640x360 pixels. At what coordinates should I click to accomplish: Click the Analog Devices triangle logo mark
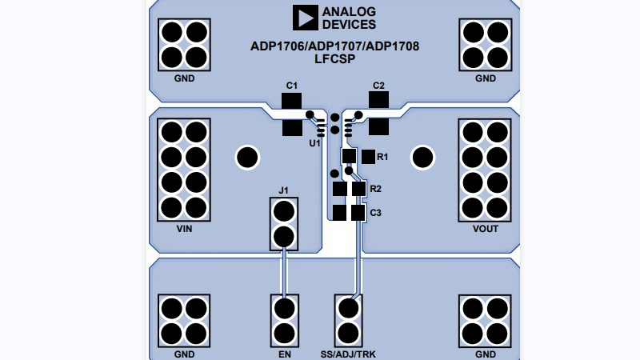(304, 18)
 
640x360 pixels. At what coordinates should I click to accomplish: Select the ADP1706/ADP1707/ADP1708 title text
(334, 46)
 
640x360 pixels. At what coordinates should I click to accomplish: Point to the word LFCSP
(334, 58)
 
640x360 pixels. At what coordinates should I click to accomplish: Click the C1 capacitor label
(292, 85)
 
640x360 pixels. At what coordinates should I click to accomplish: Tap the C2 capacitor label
(378, 85)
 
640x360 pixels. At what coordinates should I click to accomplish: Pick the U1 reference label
(315, 144)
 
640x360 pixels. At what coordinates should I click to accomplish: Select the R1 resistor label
(382, 157)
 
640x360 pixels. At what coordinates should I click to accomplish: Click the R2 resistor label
(376, 190)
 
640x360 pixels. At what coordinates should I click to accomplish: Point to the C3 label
(376, 213)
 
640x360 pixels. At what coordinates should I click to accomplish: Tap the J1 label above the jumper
(282, 190)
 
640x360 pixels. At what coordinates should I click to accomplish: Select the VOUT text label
(485, 229)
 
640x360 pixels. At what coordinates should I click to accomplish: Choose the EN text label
(282, 354)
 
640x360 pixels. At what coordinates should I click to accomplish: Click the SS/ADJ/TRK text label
(348, 354)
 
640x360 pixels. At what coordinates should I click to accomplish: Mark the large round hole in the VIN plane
(247, 158)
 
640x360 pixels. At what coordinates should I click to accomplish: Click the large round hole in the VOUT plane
(422, 158)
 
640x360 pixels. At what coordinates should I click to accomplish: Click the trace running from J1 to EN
(282, 272)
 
